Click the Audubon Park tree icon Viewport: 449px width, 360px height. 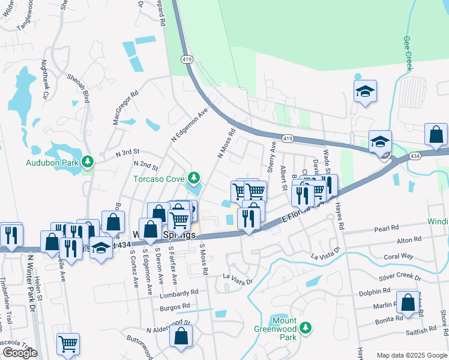click(88, 162)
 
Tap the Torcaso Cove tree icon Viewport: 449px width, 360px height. click(193, 178)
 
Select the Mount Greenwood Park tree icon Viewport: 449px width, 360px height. click(306, 328)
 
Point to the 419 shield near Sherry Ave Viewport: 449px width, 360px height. click(289, 139)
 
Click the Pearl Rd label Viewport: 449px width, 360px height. click(387, 229)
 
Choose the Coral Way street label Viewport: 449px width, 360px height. click(399, 256)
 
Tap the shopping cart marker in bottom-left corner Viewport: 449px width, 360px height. click(68, 344)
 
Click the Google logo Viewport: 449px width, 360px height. click(20, 353)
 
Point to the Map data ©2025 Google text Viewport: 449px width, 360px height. click(411, 355)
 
